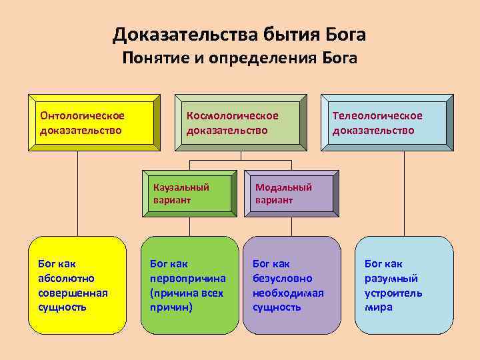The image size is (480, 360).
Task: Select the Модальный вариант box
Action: (292, 193)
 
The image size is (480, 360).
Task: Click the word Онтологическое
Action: (82, 116)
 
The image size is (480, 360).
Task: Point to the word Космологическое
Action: (232, 116)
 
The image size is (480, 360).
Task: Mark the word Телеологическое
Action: (377, 116)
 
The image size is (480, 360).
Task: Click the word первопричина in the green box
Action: (188, 278)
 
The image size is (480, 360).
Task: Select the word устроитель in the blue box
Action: (393, 293)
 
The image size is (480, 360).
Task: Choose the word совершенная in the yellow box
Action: (73, 293)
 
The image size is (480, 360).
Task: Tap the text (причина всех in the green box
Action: (187, 293)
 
